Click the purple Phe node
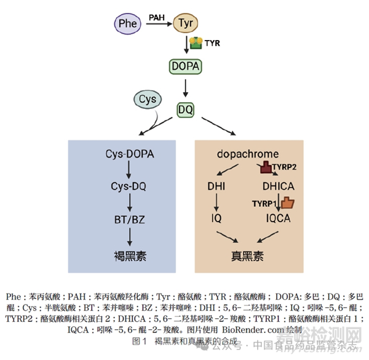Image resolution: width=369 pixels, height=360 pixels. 128,24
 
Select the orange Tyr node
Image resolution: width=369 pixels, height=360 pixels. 186,24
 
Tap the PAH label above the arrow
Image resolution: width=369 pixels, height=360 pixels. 156,18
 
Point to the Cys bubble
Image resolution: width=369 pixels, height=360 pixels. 147,99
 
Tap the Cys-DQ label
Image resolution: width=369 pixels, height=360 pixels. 129,185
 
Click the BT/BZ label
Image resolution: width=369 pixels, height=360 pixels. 129,218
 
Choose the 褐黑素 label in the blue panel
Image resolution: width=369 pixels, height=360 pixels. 129,254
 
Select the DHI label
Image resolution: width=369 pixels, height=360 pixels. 217,185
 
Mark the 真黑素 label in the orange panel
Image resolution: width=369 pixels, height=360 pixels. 247,254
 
